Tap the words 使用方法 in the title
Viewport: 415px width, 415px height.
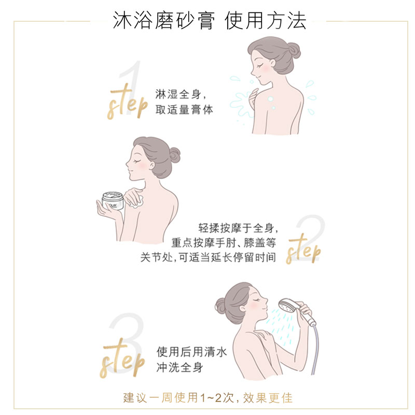266,20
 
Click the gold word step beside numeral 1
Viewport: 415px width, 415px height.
127,104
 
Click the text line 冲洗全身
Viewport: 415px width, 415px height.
179,368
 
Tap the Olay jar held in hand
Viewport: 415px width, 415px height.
113,202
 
